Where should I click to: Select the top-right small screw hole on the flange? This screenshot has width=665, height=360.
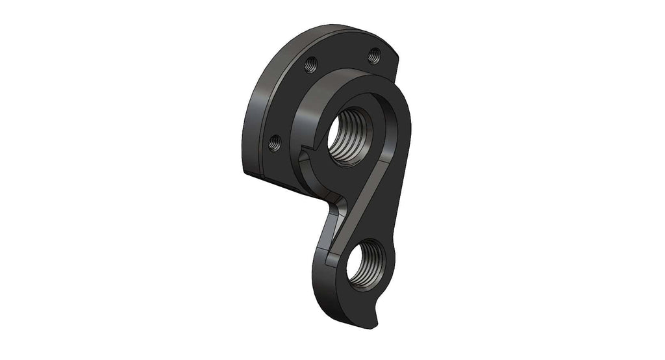[x=373, y=57]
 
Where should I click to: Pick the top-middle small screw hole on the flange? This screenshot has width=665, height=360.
[x=311, y=64]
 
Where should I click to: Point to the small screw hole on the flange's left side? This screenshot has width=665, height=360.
[x=275, y=142]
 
